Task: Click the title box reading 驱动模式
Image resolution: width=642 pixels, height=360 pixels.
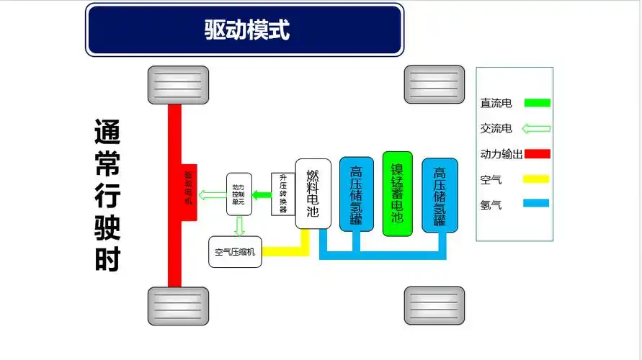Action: coord(244,30)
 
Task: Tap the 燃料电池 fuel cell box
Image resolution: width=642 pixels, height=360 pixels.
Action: coord(313,194)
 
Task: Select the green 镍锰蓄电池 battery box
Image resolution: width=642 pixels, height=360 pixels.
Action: coord(397,194)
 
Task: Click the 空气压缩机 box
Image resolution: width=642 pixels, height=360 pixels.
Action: coord(235,252)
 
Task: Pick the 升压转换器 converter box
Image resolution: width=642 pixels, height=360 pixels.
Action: coord(283,194)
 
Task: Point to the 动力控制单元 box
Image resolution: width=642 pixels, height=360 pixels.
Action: coord(238,194)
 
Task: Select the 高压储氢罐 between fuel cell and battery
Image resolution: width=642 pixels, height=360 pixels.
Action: coord(356,194)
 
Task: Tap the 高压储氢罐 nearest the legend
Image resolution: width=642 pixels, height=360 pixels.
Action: coord(440,194)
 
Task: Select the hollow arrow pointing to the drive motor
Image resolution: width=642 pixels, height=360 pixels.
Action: coord(212,194)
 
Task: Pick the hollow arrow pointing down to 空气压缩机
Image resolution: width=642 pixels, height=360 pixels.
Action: coord(239,226)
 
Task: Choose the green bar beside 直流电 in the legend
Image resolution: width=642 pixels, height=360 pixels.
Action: coord(537,103)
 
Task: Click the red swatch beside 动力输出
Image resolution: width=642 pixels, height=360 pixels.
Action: coord(537,153)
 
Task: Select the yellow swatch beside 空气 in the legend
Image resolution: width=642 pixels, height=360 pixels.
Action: coord(537,179)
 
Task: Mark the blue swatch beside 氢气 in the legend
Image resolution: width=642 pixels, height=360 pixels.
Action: coord(537,204)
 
